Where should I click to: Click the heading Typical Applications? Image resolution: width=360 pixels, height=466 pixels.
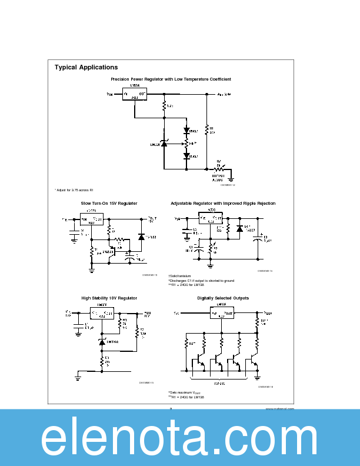(x=86, y=67)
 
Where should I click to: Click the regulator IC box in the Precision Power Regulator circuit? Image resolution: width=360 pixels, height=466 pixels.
(x=134, y=94)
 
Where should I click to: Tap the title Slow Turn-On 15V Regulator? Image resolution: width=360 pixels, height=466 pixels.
(x=109, y=204)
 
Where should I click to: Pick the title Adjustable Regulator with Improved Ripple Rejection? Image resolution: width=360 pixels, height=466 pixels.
(x=223, y=204)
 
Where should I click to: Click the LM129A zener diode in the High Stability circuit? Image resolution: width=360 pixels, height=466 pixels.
(x=102, y=342)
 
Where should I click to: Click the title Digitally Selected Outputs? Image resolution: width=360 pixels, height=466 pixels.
(x=223, y=298)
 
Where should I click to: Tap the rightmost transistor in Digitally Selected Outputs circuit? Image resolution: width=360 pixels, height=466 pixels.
(x=255, y=357)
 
